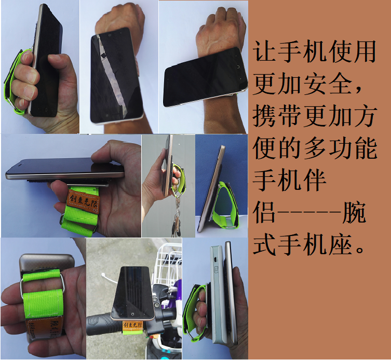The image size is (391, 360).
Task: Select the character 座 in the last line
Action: [341, 244]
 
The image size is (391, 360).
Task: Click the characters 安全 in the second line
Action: [328, 84]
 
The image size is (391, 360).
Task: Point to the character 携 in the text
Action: [264, 116]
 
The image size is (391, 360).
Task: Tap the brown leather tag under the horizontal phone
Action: [84, 201]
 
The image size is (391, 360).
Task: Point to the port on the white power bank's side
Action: [214, 260]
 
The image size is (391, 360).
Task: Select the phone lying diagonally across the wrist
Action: [205, 77]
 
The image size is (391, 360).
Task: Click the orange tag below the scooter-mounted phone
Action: [132, 326]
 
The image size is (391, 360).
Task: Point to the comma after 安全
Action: [358, 90]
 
